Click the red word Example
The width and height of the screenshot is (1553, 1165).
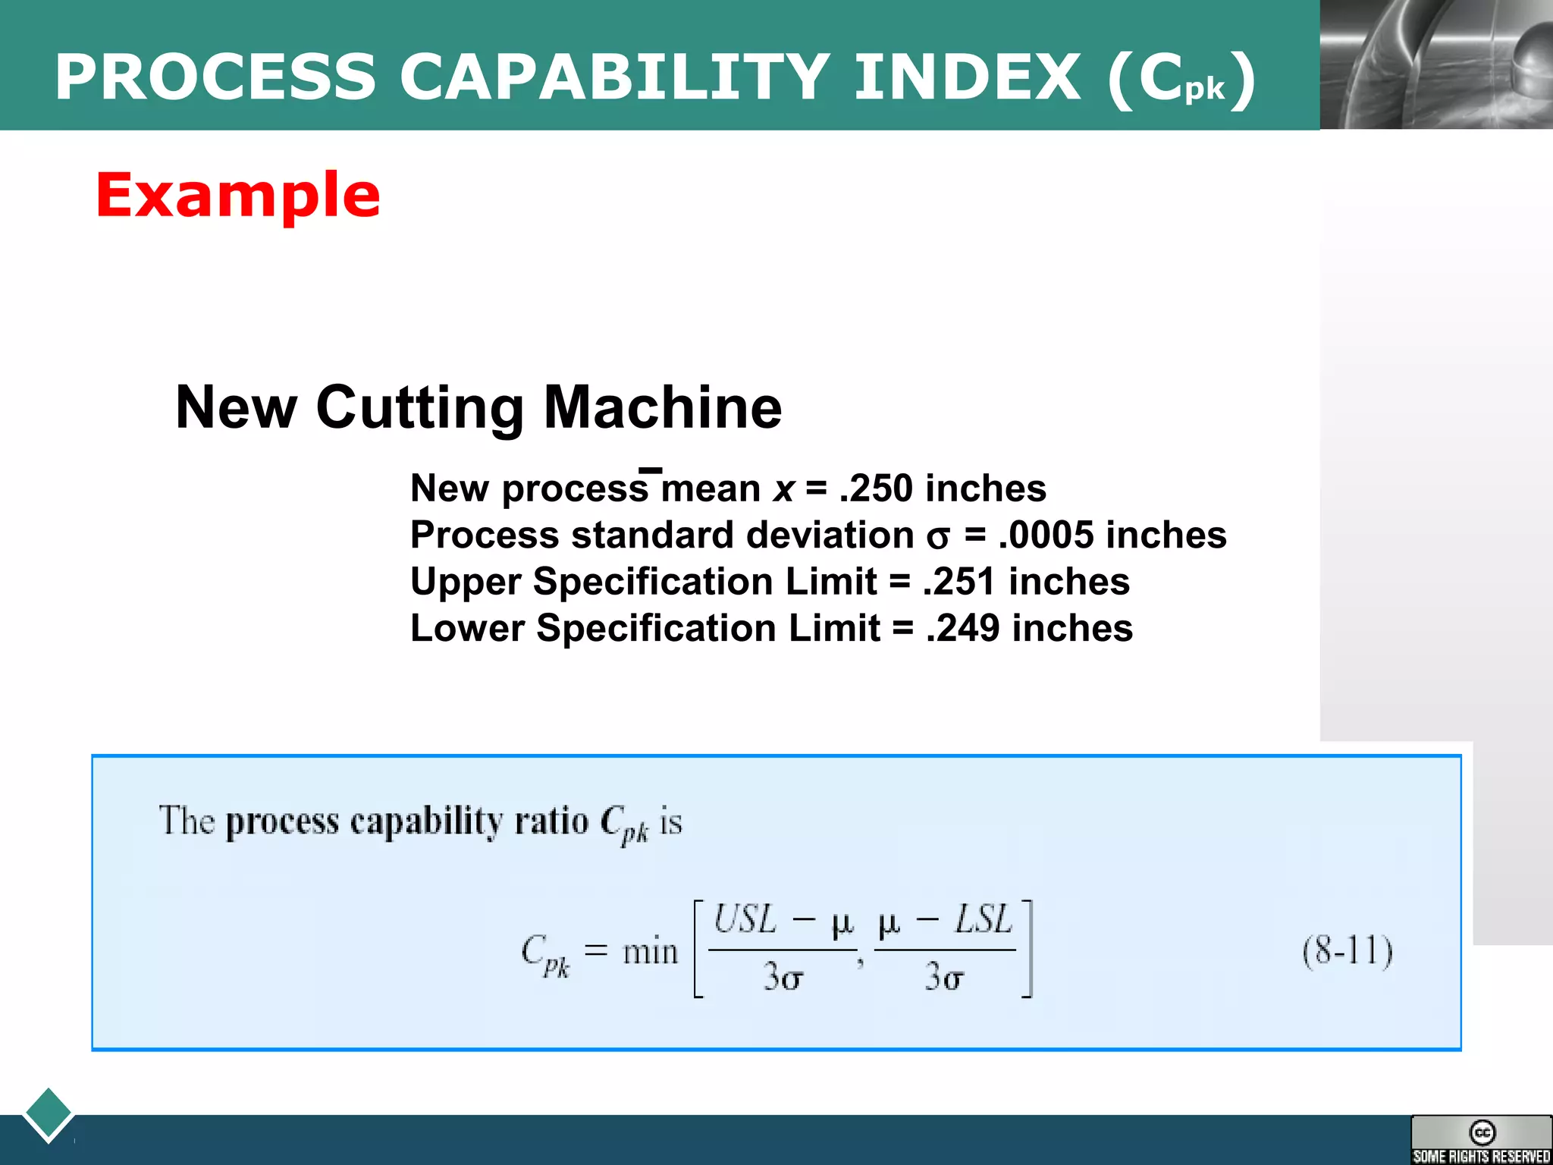tap(237, 196)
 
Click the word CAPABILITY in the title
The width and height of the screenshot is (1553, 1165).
tap(613, 77)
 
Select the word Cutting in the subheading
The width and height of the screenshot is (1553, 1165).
tap(419, 408)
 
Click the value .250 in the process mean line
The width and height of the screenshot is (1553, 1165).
tap(875, 488)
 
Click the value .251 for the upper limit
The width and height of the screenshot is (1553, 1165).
tap(958, 582)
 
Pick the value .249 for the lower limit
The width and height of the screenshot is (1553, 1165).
tap(962, 629)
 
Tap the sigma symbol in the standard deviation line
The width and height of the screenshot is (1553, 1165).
tap(937, 538)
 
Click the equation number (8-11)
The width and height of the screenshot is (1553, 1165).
tap(1348, 951)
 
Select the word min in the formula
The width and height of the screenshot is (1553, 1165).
tap(650, 951)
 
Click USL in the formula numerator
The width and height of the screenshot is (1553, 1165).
tap(745, 920)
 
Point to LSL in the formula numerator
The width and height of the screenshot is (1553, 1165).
tap(983, 920)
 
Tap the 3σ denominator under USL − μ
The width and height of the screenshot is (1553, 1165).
tap(782, 977)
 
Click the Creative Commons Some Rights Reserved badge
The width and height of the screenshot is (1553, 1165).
tap(1480, 1140)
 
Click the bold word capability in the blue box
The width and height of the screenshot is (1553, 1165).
tap(427, 822)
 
